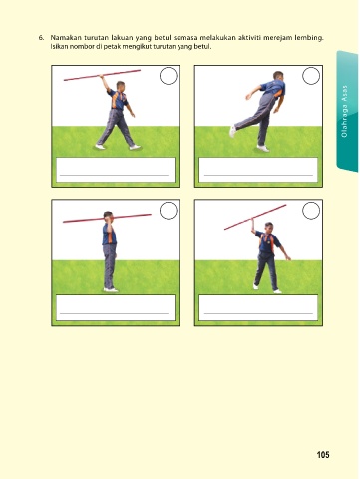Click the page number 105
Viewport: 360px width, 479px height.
tap(323, 455)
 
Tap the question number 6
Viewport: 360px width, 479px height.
tap(41, 38)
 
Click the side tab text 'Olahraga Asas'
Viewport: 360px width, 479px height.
tap(344, 111)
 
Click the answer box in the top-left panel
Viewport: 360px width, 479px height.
tap(116, 170)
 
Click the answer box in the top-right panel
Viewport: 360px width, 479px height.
tap(258, 170)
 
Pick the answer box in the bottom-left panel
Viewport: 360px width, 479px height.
tap(116, 307)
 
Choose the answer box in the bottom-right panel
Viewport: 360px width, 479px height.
tap(258, 307)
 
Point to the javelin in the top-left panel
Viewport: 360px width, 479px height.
tap(102, 75)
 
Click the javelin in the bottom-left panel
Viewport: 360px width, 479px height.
tap(107, 218)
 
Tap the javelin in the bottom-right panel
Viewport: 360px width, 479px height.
tap(255, 217)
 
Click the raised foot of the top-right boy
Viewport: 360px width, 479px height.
tap(232, 131)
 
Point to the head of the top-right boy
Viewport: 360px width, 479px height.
tap(278, 76)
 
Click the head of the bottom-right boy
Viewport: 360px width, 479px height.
tap(269, 228)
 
